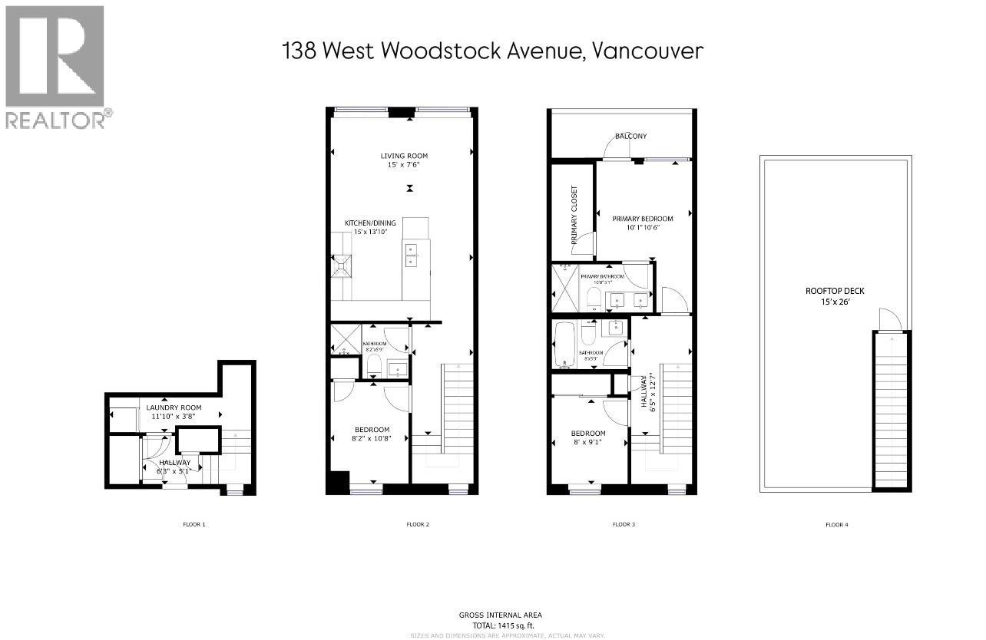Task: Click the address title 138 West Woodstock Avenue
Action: click(x=492, y=51)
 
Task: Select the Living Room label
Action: click(x=400, y=157)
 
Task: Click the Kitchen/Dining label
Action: click(x=369, y=223)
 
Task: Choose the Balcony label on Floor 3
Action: click(x=630, y=136)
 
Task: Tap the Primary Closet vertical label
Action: click(x=574, y=216)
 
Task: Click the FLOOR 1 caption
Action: click(x=194, y=525)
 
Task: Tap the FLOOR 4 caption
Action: click(x=836, y=525)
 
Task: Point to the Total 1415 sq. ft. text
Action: click(x=500, y=625)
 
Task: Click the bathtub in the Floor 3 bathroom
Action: click(x=567, y=345)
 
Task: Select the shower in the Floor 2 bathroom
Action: click(x=339, y=341)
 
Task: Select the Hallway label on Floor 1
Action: click(x=174, y=463)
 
